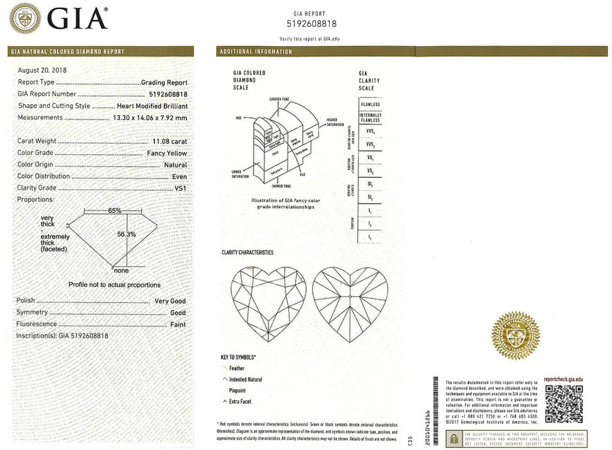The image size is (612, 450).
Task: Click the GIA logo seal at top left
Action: pyautogui.click(x=24, y=18)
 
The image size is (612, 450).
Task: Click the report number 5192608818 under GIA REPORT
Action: pyautogui.click(x=312, y=24)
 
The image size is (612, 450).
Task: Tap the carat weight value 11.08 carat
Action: pyautogui.click(x=169, y=141)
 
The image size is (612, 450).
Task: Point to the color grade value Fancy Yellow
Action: pyautogui.click(x=167, y=153)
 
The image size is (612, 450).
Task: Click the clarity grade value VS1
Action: pyautogui.click(x=180, y=188)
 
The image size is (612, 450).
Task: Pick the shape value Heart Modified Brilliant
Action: pyautogui.click(x=152, y=105)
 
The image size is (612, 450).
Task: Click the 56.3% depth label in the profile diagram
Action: pyautogui.click(x=126, y=234)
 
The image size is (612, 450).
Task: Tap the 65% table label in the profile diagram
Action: pyautogui.click(x=115, y=210)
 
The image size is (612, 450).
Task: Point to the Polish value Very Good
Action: pyautogui.click(x=170, y=301)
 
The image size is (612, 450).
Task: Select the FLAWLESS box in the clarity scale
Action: pyautogui.click(x=370, y=105)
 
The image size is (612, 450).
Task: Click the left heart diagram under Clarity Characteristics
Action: pyautogui.click(x=268, y=304)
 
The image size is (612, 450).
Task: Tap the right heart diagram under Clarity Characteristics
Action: pyautogui.click(x=350, y=304)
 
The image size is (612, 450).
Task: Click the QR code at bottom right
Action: pyautogui.click(x=563, y=403)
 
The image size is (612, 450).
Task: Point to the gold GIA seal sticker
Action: pyautogui.click(x=516, y=336)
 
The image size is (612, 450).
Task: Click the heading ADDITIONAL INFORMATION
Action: pyautogui.click(x=256, y=51)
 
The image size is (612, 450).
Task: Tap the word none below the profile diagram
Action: pyautogui.click(x=121, y=270)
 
